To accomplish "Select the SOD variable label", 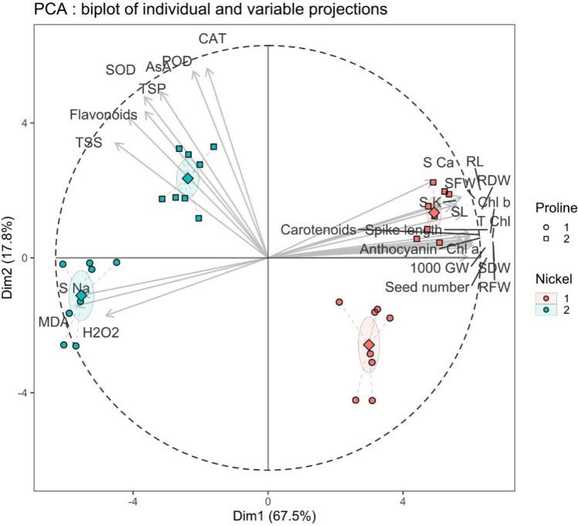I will pos(120,70).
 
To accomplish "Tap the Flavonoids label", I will pos(103,115).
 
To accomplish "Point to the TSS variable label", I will pos(89,143).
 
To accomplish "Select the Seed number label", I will pos(427,288).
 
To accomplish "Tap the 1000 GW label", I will pos(438,268).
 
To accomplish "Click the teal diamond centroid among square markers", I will pos(188,178).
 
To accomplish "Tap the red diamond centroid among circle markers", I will pos(370,345).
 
